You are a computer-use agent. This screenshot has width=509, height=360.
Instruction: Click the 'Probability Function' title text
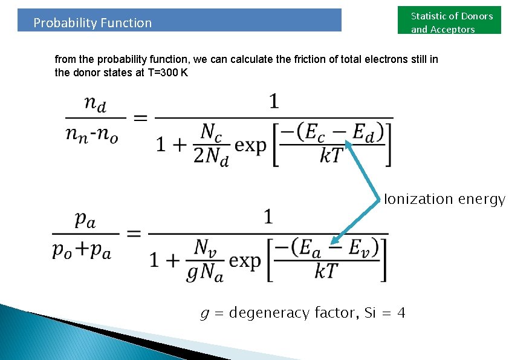92,23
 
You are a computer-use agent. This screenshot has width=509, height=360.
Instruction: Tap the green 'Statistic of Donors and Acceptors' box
451,22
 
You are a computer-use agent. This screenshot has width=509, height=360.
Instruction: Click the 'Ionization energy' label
444,199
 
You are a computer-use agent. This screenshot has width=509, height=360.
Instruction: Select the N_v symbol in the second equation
205,246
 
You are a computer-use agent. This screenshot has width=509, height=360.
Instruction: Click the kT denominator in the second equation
326,272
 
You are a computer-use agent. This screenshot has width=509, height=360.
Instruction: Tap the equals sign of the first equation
140,119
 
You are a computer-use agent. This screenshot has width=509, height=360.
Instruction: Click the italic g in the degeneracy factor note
205,313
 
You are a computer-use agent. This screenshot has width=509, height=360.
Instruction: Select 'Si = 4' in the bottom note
385,313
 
